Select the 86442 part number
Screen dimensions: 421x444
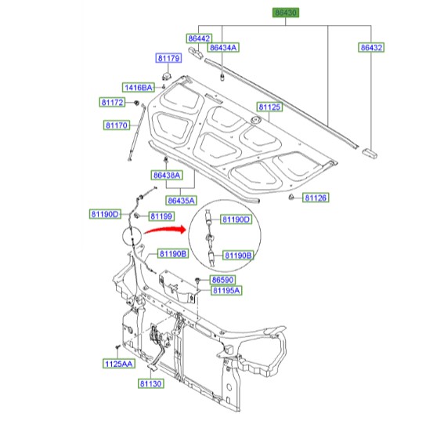click(x=199, y=38)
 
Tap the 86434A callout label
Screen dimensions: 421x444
click(x=223, y=48)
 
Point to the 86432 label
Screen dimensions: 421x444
click(x=371, y=48)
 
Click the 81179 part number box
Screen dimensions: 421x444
click(x=168, y=58)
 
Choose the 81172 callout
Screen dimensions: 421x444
click(x=112, y=103)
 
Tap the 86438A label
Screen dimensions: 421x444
click(x=167, y=176)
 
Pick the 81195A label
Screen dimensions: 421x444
click(x=226, y=291)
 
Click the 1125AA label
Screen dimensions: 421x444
click(x=119, y=364)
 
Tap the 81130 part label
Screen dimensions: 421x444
click(x=151, y=383)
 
